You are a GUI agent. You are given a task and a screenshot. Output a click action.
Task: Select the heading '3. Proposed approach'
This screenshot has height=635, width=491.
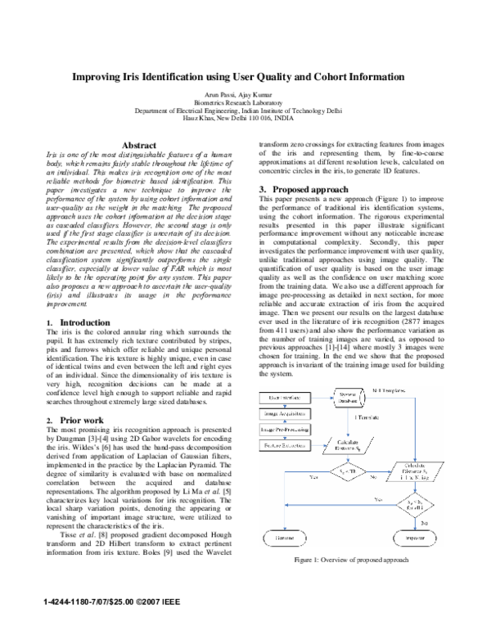tap(297, 189)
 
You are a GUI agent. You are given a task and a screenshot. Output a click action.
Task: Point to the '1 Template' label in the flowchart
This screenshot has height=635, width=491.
tap(366, 418)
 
